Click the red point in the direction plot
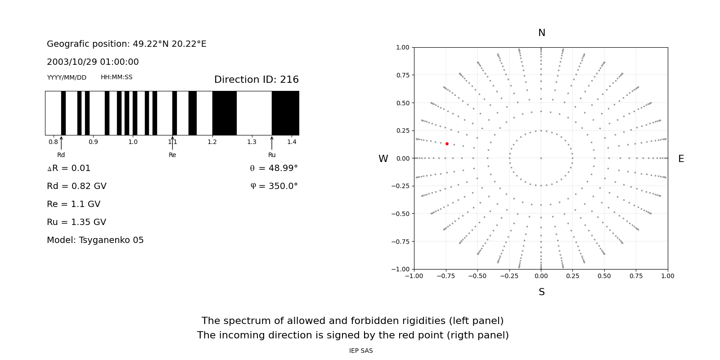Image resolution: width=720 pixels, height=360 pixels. point(447,144)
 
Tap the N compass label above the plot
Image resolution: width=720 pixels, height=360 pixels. point(542,33)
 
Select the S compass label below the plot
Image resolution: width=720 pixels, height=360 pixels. point(542,292)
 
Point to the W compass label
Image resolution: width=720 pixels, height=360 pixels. point(383,159)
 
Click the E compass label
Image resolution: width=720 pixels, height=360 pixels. point(681,159)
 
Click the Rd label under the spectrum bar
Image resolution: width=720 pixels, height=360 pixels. point(61,155)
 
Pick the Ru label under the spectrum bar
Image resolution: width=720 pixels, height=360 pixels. point(272,155)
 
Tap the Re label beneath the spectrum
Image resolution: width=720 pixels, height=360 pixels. point(172,155)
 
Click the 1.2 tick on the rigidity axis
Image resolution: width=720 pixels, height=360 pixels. point(212,142)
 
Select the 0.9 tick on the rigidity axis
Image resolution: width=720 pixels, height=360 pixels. point(93,142)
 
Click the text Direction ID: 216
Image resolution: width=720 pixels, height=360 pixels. point(256,80)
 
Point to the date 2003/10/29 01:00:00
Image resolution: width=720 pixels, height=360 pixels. point(93,62)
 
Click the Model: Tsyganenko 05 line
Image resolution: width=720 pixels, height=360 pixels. point(95,240)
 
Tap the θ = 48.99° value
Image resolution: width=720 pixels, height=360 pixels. point(274,168)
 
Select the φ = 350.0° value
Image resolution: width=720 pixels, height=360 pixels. point(274,186)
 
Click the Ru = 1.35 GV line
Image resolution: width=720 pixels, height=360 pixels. point(76,222)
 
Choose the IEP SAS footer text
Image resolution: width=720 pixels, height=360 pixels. point(361,351)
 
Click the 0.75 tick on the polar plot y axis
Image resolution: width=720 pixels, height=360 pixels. point(402,75)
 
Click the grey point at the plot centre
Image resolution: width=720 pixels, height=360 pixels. point(541,158)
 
